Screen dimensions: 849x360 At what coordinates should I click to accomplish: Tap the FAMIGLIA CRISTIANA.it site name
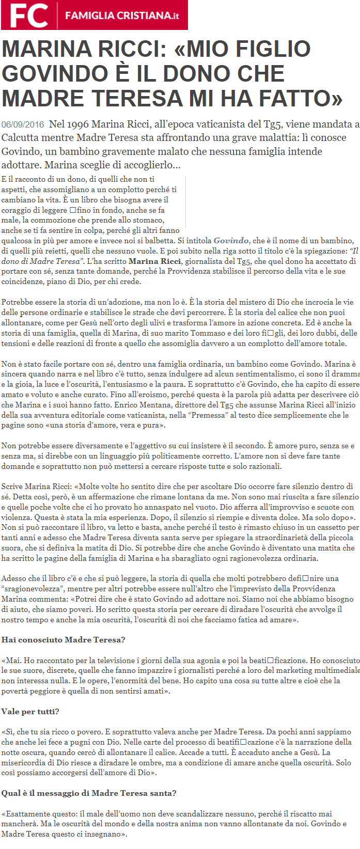122,16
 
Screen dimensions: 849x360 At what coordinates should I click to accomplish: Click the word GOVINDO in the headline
56,74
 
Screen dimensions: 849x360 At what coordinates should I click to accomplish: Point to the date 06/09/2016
23,124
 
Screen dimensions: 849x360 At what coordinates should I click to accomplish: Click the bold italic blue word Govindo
231,241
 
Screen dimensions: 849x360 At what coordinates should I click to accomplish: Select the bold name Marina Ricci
154,261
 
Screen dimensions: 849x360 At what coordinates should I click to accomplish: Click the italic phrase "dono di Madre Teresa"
42,261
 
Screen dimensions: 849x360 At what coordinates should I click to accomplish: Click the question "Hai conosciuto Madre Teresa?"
63,640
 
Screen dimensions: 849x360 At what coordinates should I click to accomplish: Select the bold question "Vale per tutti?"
30,712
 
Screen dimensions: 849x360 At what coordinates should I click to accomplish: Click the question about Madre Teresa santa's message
88,793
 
